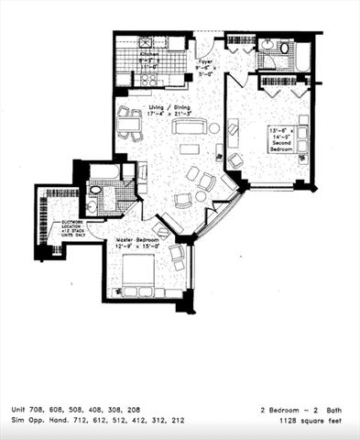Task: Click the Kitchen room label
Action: click(149, 54)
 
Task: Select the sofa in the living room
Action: click(187, 126)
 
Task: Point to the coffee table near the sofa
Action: click(188, 148)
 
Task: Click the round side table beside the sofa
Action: click(214, 127)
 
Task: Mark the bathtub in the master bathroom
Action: click(104, 171)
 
